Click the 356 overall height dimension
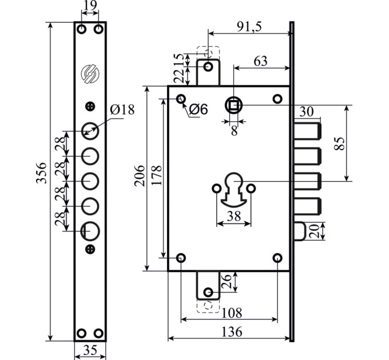point(41,173)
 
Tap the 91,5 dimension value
point(249,26)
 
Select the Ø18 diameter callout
point(122,110)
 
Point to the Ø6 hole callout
point(199,109)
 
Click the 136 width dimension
point(232,331)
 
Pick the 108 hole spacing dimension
point(232,313)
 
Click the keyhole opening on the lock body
point(234,189)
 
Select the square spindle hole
point(234,106)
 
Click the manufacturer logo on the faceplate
point(90,74)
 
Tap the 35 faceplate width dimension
point(90,350)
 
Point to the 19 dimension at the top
point(90,6)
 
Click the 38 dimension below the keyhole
point(234,216)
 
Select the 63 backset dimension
point(260,61)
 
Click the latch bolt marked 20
point(300,231)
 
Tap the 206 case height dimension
point(140,175)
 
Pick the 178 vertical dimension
point(157,175)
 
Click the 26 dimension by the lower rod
point(227,282)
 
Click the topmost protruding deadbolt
point(307,131)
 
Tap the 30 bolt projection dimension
point(307,112)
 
